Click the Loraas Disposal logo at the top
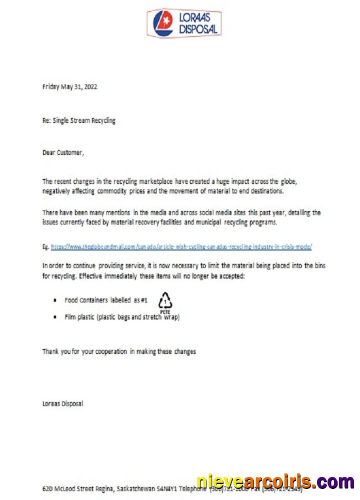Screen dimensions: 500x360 tap(183, 22)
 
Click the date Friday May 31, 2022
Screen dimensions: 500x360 tap(69, 86)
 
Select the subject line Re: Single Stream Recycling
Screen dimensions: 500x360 tap(78, 120)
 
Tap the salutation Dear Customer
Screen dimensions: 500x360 tap(63, 153)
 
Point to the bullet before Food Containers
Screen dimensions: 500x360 tap(54, 300)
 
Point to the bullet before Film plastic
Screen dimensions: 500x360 tap(54, 317)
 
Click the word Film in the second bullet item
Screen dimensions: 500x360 tap(70, 317)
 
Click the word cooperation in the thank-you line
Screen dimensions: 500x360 tap(108, 351)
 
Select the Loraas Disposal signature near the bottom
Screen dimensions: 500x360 tap(62, 403)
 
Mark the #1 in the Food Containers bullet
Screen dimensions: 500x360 tap(142, 300)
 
